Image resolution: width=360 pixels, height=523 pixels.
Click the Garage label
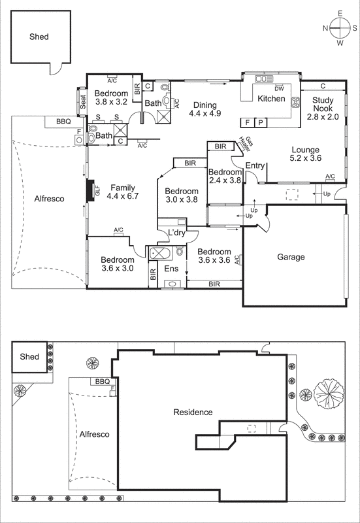291,257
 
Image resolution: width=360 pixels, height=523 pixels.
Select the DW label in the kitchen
279,88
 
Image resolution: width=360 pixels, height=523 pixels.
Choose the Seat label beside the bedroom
83,103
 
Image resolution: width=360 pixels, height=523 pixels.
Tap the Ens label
171,269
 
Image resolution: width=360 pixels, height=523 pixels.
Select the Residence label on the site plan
193,412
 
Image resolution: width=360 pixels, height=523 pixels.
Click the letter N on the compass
325,27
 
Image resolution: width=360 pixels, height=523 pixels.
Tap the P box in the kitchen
260,122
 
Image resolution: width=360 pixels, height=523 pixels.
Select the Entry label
255,166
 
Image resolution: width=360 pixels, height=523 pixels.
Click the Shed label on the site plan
29,357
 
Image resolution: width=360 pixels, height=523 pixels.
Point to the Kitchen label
271,99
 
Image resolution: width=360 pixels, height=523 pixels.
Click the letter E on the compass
340,12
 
